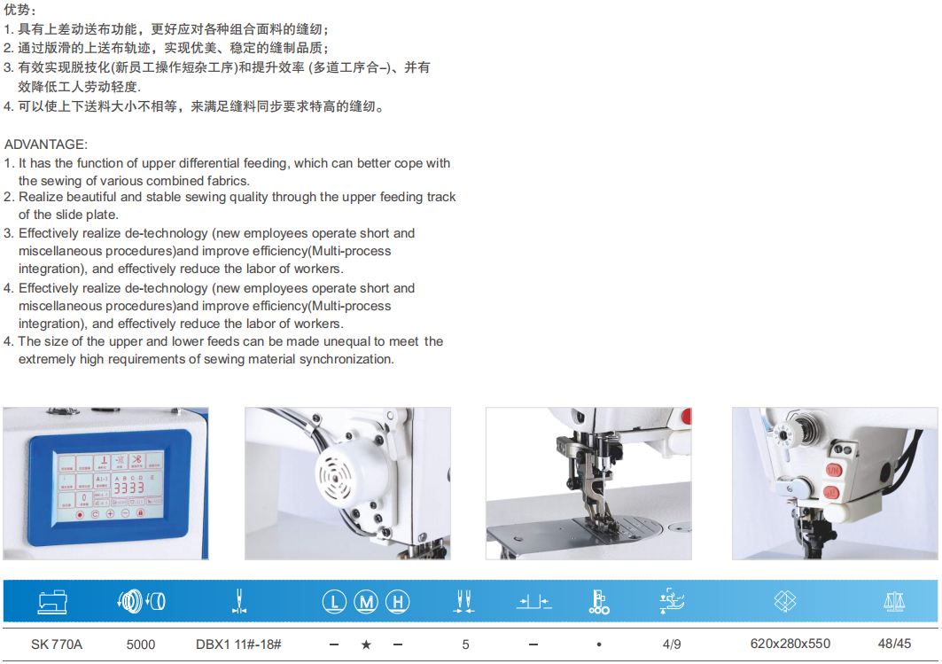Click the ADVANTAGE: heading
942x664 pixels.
click(46, 144)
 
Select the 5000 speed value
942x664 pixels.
click(141, 644)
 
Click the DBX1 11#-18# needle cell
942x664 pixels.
click(238, 644)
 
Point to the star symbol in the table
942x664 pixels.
click(366, 644)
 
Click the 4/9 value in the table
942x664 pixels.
click(672, 644)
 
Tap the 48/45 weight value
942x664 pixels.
click(893, 644)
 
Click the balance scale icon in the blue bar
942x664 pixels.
click(893, 603)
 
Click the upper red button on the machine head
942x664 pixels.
click(832, 470)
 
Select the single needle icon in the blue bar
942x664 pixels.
click(237, 603)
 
